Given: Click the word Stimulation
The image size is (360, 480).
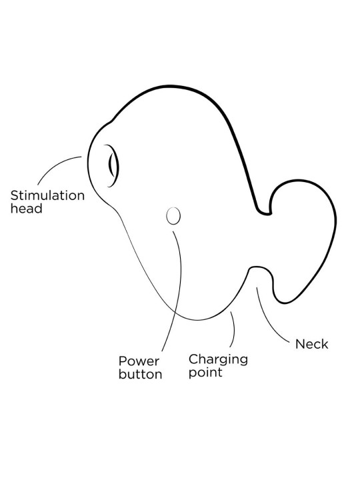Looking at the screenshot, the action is pos(47,195).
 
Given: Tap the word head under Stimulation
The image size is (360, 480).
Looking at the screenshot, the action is pos(26,209).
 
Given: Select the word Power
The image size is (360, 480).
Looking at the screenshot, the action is pos(139,361).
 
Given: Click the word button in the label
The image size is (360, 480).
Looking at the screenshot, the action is pos(140,375).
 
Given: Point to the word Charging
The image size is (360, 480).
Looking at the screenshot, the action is pos(218,360).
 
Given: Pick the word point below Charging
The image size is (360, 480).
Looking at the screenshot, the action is pos(205,373).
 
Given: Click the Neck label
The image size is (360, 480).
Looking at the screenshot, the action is pos(311,345).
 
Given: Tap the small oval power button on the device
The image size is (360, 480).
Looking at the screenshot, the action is pos(173,216).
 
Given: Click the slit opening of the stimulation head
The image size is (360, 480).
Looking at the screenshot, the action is pos(113,165).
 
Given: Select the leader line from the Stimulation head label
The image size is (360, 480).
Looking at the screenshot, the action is pos(55,165).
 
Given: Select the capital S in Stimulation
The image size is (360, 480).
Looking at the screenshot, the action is pos(14,195).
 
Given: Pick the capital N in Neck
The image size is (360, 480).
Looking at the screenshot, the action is pos(300,345).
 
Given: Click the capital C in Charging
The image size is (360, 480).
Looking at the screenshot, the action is pos(193,359).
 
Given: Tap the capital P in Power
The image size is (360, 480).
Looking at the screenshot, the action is pos(123,361).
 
